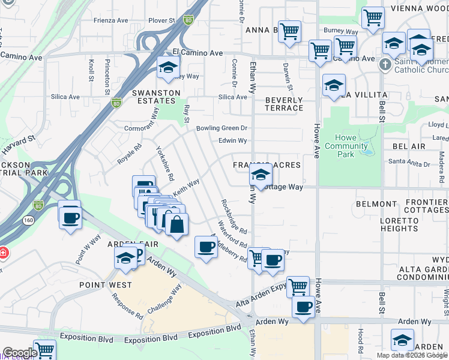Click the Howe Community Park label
[346, 146]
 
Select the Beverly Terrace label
[284, 104]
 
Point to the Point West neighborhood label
[101, 284]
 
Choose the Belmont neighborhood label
[376, 204]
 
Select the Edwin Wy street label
[232, 141]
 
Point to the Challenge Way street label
[164, 299]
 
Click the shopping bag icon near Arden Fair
[176, 226]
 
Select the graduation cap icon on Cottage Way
[261, 175]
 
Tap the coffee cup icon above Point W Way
[70, 215]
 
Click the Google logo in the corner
[19, 353]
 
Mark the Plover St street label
[161, 20]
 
